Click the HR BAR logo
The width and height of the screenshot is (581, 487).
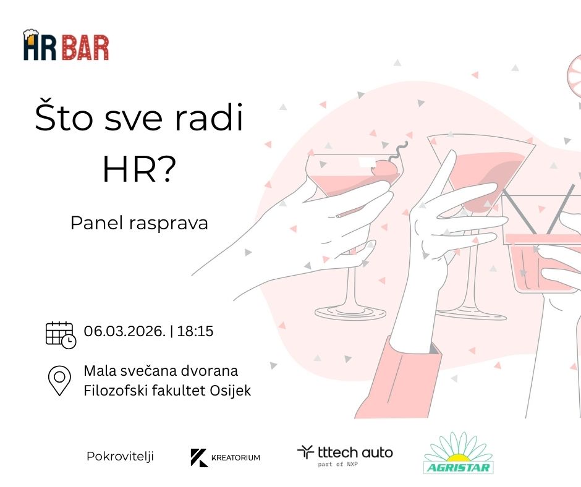click(66, 45)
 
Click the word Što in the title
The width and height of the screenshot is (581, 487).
click(64, 117)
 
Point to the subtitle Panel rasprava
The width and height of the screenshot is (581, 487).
click(139, 223)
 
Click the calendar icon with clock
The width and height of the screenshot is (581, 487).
click(61, 335)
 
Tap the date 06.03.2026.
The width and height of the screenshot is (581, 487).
click(124, 331)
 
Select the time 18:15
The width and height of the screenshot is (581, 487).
click(195, 331)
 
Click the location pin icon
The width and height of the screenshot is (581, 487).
click(59, 381)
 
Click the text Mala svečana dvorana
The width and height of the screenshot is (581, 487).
click(161, 371)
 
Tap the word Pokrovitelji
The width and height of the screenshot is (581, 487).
click(120, 456)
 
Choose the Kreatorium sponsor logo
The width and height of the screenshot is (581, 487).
click(225, 457)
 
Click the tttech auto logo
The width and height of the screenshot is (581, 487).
click(345, 455)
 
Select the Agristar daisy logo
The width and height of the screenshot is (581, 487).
click(459, 453)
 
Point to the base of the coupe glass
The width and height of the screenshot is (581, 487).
click(350, 313)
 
